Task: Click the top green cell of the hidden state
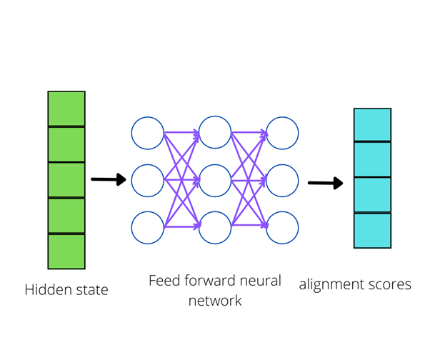click(x=66, y=109)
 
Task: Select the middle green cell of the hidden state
click(x=66, y=180)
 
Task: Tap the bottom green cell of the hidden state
click(x=66, y=251)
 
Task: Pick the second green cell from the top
click(x=66, y=144)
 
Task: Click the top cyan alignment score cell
click(x=372, y=125)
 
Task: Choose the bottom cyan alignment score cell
click(x=372, y=230)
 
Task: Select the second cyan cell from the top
click(x=372, y=159)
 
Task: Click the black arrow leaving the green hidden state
click(x=109, y=179)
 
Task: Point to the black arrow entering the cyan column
click(x=325, y=184)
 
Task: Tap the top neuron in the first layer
click(x=148, y=133)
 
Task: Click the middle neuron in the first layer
click(x=148, y=181)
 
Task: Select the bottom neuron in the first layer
click(x=148, y=227)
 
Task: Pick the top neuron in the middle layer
click(x=215, y=133)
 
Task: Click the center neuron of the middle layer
click(x=215, y=181)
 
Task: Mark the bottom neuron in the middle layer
click(x=215, y=227)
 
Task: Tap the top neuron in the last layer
click(x=282, y=133)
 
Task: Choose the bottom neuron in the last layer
click(x=282, y=227)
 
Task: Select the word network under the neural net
click(x=215, y=301)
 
